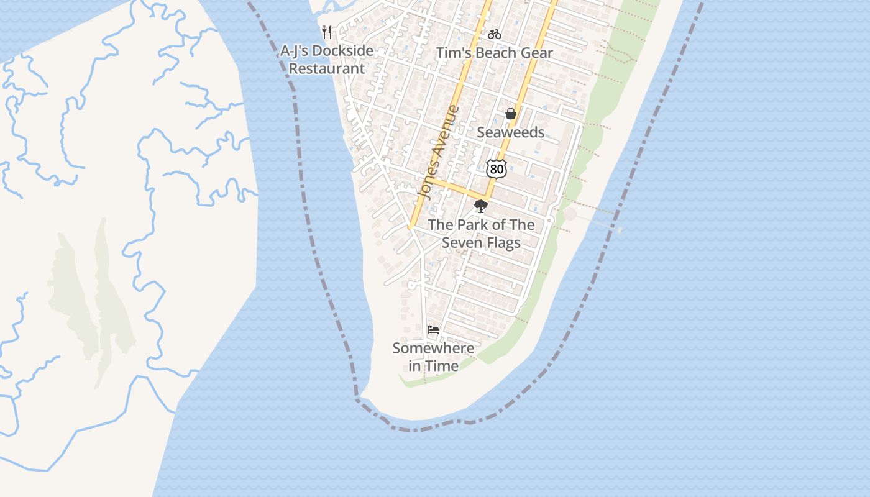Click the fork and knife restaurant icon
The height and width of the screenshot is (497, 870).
point(327,32)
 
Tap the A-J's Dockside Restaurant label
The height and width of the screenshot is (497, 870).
point(327,60)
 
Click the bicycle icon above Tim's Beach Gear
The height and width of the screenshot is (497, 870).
point(495,34)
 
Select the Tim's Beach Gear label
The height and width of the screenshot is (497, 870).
point(495,53)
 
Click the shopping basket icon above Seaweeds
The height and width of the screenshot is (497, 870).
point(511,114)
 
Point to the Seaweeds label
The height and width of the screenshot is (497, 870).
point(511,132)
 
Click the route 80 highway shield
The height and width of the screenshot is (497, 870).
point(496,168)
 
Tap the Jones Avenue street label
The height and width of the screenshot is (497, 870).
point(439,152)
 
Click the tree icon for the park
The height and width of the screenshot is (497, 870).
point(480,206)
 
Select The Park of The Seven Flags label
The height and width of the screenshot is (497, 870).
point(481,234)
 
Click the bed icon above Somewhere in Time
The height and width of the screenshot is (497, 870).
point(433,329)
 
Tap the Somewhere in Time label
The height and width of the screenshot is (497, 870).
point(433,357)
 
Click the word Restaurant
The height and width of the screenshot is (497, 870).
point(327,68)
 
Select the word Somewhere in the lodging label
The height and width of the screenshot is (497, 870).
point(433,349)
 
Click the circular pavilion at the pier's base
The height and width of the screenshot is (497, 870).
point(569,214)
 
